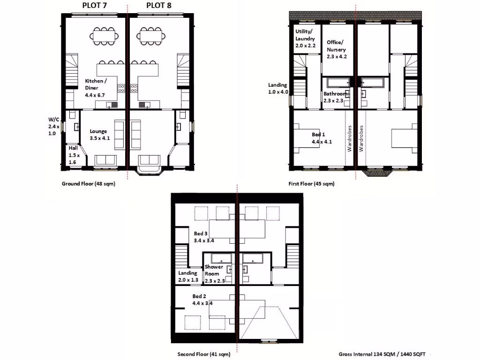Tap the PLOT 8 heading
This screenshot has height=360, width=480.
(158, 6)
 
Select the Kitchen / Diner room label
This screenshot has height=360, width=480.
(96, 88)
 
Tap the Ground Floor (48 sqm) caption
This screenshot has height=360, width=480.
(89, 184)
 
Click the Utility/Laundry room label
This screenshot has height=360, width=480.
(305, 38)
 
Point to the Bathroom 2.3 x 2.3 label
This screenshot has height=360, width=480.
(335, 97)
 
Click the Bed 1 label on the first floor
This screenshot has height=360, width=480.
(322, 138)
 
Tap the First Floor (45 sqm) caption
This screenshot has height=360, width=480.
(311, 184)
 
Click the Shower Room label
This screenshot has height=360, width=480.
(214, 274)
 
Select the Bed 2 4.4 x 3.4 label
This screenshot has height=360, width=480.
(202, 300)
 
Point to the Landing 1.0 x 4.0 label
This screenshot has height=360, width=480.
(278, 88)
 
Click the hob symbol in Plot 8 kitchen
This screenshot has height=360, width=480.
(134, 88)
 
